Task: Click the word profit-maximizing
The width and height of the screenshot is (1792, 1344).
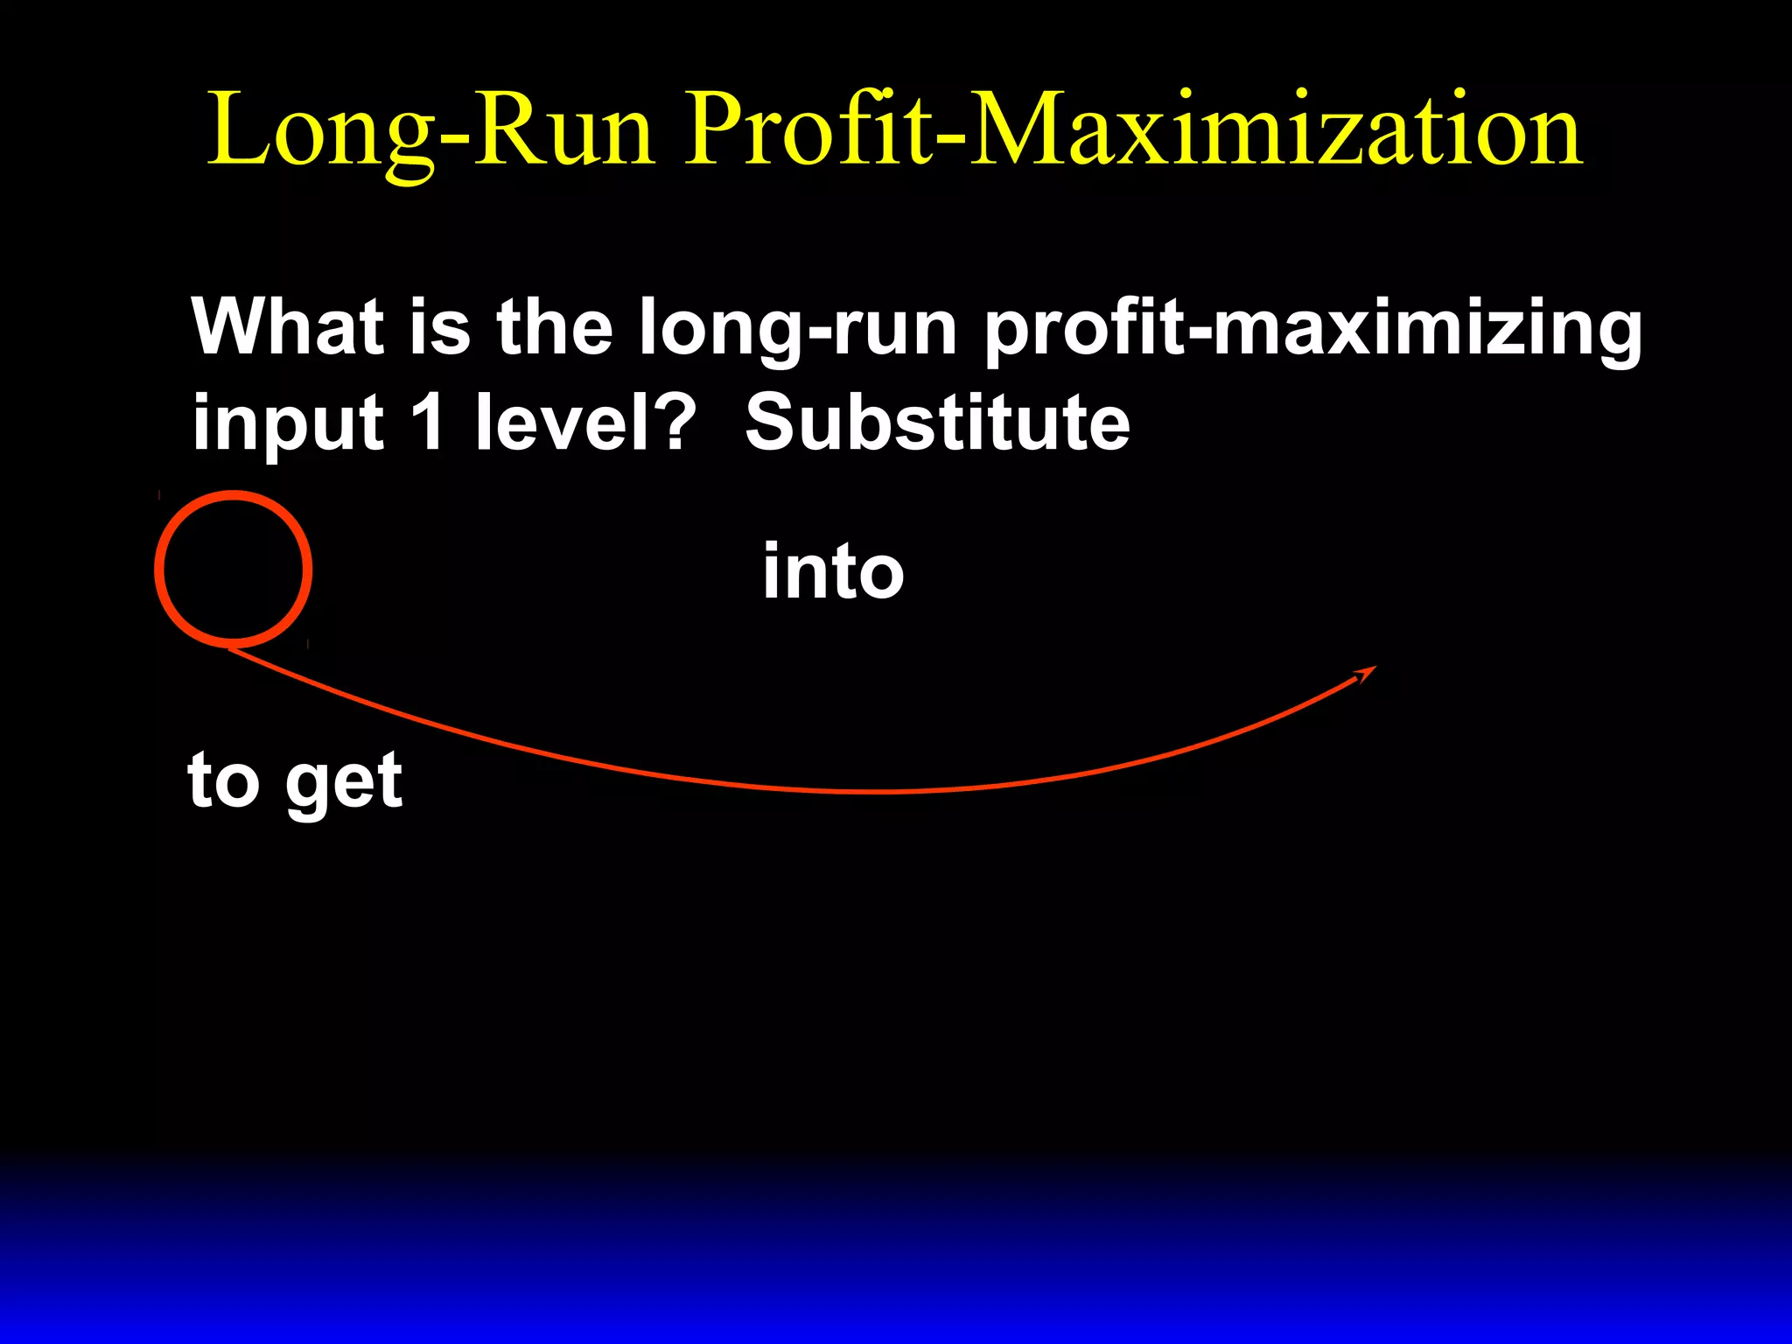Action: click(x=1312, y=328)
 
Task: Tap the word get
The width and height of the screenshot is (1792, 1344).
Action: click(x=343, y=780)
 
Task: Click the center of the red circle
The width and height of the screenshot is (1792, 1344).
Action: click(x=234, y=569)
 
